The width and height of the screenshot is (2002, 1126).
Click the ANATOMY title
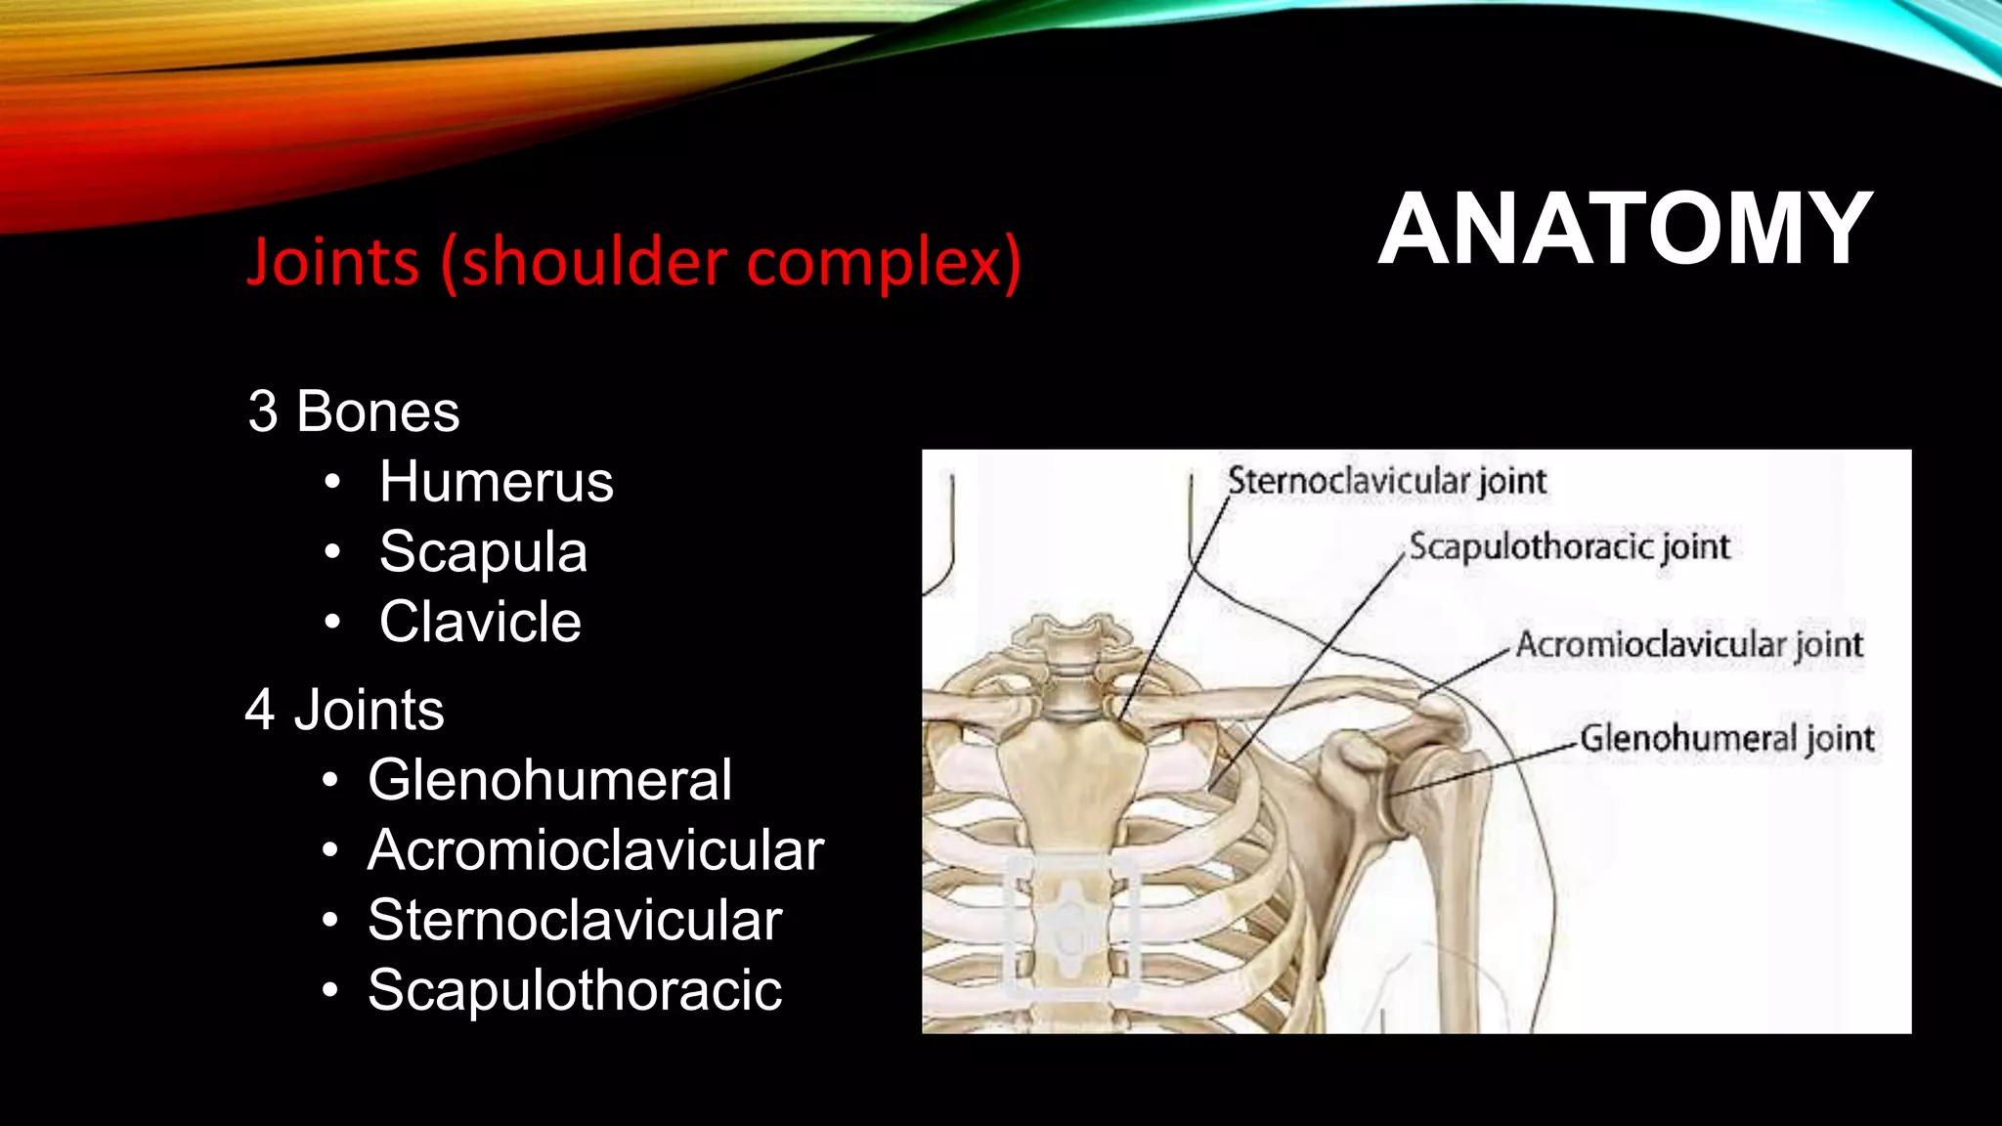click(x=1625, y=230)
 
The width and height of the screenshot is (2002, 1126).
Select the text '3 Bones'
click(x=353, y=411)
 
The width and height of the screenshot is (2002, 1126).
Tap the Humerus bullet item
click(x=496, y=482)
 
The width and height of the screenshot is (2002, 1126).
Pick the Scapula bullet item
click(x=483, y=552)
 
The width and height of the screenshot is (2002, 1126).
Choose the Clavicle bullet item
click(x=480, y=622)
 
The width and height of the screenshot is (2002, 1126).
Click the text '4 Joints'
click(x=344, y=710)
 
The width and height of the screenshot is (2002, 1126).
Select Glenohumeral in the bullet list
click(x=549, y=780)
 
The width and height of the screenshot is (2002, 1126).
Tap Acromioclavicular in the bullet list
click(x=595, y=850)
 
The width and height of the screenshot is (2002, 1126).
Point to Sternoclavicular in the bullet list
click(x=575, y=921)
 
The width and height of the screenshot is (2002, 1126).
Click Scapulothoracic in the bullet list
click(x=575, y=990)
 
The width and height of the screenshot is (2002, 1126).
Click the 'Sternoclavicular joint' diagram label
click(x=1386, y=482)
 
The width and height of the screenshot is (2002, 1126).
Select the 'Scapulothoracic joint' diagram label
click(x=1569, y=547)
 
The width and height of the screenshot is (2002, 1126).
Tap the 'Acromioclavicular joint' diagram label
click(x=1689, y=645)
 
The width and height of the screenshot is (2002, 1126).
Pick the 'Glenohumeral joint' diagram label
click(x=1726, y=739)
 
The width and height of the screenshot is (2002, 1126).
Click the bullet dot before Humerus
click(x=333, y=483)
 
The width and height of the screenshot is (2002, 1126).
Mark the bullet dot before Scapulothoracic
click(x=330, y=991)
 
